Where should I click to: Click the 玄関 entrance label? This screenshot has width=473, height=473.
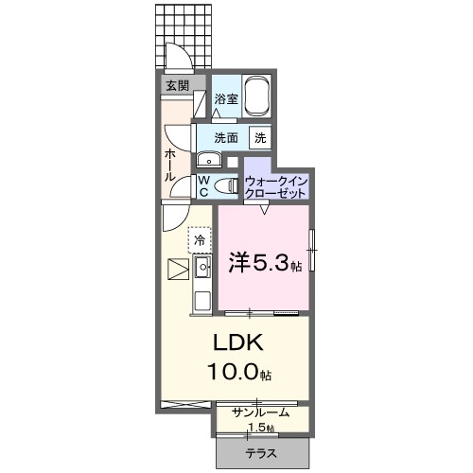point(177,86)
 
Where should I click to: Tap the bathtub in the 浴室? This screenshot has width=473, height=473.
point(258,96)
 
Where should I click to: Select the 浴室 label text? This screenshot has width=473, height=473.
point(225,99)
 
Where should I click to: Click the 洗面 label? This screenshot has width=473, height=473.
point(225,137)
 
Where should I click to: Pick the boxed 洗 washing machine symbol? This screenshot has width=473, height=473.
point(258,137)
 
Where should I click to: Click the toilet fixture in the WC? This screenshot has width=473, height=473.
point(225,186)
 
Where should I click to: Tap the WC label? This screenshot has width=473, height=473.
point(202,185)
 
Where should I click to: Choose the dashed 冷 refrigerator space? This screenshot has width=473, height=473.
point(200,239)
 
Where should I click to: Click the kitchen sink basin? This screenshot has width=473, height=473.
point(202,269)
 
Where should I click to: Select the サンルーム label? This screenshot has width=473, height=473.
point(261,412)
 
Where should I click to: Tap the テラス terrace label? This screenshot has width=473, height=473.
point(263,453)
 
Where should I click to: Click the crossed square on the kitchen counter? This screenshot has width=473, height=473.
point(177,269)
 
